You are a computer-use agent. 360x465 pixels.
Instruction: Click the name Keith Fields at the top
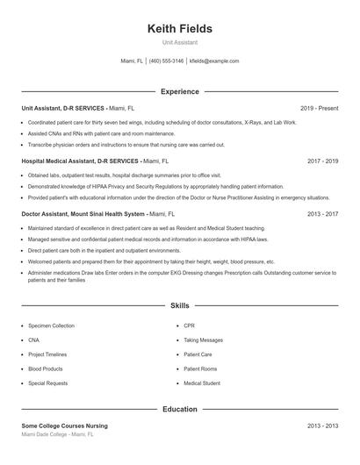coord(180,28)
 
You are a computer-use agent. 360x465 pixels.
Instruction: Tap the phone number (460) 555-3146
coord(166,61)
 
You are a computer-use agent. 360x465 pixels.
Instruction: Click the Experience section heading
coord(180,91)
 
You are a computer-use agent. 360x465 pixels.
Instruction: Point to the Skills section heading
coord(180,306)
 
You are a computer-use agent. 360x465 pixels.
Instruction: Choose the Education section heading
coord(180,409)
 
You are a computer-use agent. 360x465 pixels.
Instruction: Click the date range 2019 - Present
coord(319,108)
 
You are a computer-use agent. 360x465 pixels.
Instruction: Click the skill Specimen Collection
coord(51,325)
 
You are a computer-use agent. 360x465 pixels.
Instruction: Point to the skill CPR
coord(189,325)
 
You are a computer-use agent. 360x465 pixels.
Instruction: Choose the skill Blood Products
coord(46,368)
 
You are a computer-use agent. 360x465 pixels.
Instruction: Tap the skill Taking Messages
coord(203,340)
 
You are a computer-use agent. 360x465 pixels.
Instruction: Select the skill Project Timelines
coord(48,354)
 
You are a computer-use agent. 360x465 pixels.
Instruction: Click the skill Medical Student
coord(202,383)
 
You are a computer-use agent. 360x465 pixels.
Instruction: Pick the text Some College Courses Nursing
coord(64,426)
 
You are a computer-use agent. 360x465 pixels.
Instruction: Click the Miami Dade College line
coord(57,434)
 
